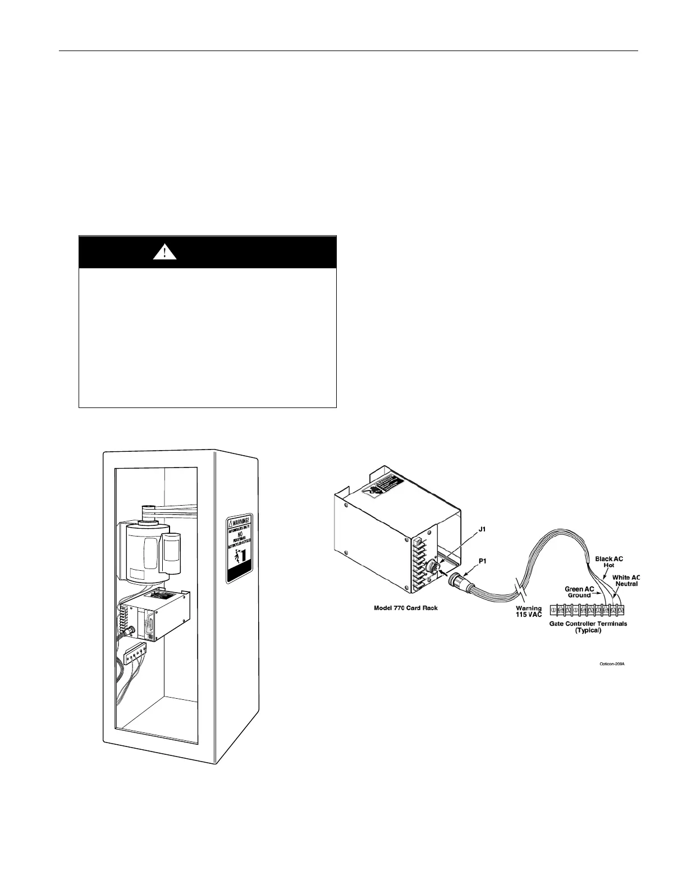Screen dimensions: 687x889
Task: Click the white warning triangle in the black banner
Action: point(165,253)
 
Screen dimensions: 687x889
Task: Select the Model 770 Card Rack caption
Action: point(406,608)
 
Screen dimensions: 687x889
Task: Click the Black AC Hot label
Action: point(609,562)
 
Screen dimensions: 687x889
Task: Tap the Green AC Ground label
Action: point(579,592)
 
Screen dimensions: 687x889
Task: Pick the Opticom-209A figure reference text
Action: point(611,664)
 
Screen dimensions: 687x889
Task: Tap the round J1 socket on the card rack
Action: point(433,567)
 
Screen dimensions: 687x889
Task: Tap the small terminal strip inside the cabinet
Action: point(138,654)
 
